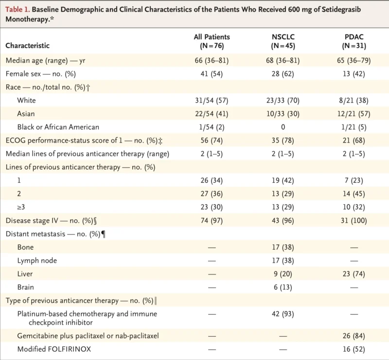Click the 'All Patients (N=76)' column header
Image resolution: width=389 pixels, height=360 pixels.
tap(211, 41)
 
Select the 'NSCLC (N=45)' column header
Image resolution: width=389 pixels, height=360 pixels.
tap(284, 41)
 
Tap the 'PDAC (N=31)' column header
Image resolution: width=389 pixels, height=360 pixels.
tap(354, 41)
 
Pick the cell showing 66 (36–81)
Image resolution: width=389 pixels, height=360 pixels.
tap(211, 61)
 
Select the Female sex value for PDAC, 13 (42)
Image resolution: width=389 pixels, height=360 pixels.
tap(354, 74)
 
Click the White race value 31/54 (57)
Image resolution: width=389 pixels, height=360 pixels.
tap(211, 101)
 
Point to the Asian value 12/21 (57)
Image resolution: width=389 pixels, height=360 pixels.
tap(354, 114)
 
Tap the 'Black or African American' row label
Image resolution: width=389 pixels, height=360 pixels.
tap(58, 127)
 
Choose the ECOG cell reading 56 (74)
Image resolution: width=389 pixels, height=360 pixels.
tap(211, 141)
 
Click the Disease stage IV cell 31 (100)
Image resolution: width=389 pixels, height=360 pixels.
tap(354, 220)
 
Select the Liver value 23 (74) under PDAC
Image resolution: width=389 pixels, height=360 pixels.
tap(354, 274)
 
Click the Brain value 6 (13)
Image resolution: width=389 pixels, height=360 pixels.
tap(284, 287)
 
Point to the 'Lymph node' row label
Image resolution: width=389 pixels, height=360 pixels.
tap(37, 260)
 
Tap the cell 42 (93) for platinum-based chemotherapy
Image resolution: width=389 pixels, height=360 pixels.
tap(284, 314)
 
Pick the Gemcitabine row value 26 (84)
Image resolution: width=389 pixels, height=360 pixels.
tap(354, 336)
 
